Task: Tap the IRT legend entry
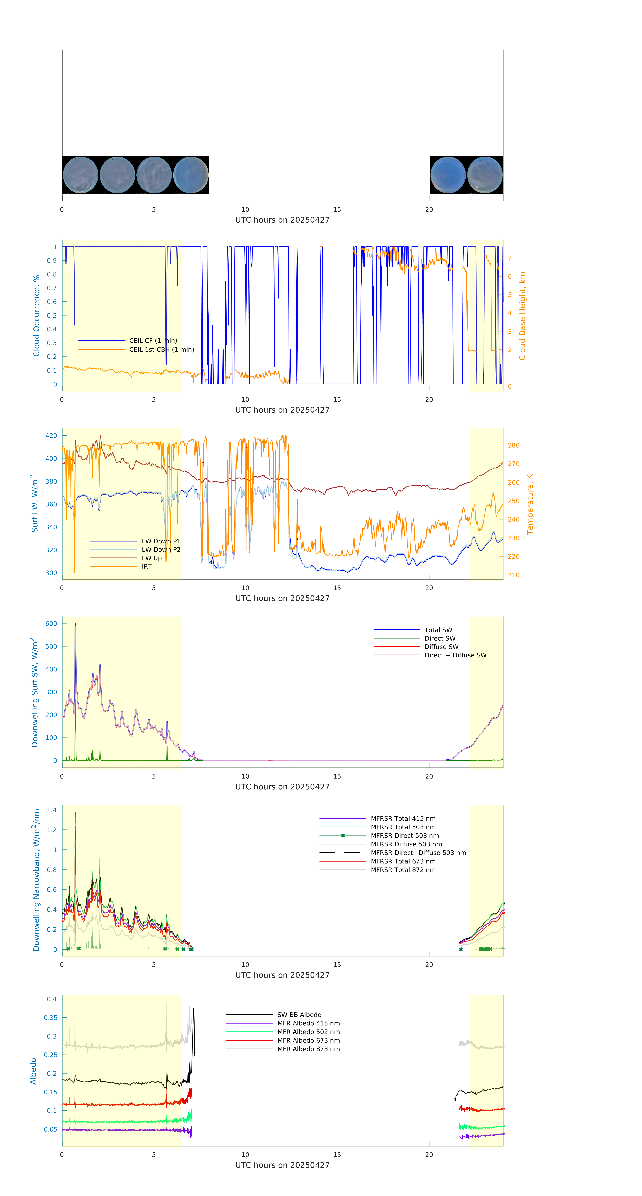(147, 566)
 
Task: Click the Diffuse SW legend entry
(441, 646)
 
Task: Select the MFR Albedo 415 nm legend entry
(308, 1023)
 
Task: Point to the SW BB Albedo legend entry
(299, 1015)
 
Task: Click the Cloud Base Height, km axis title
(522, 316)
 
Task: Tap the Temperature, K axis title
(530, 504)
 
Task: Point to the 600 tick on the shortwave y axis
(51, 624)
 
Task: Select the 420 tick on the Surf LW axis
(51, 435)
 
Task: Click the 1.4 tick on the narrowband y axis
(52, 810)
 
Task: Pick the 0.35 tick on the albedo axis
(51, 1017)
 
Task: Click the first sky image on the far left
(80, 175)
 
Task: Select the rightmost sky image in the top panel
(485, 175)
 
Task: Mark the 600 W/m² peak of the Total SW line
(75, 624)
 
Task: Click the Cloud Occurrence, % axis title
(36, 316)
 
